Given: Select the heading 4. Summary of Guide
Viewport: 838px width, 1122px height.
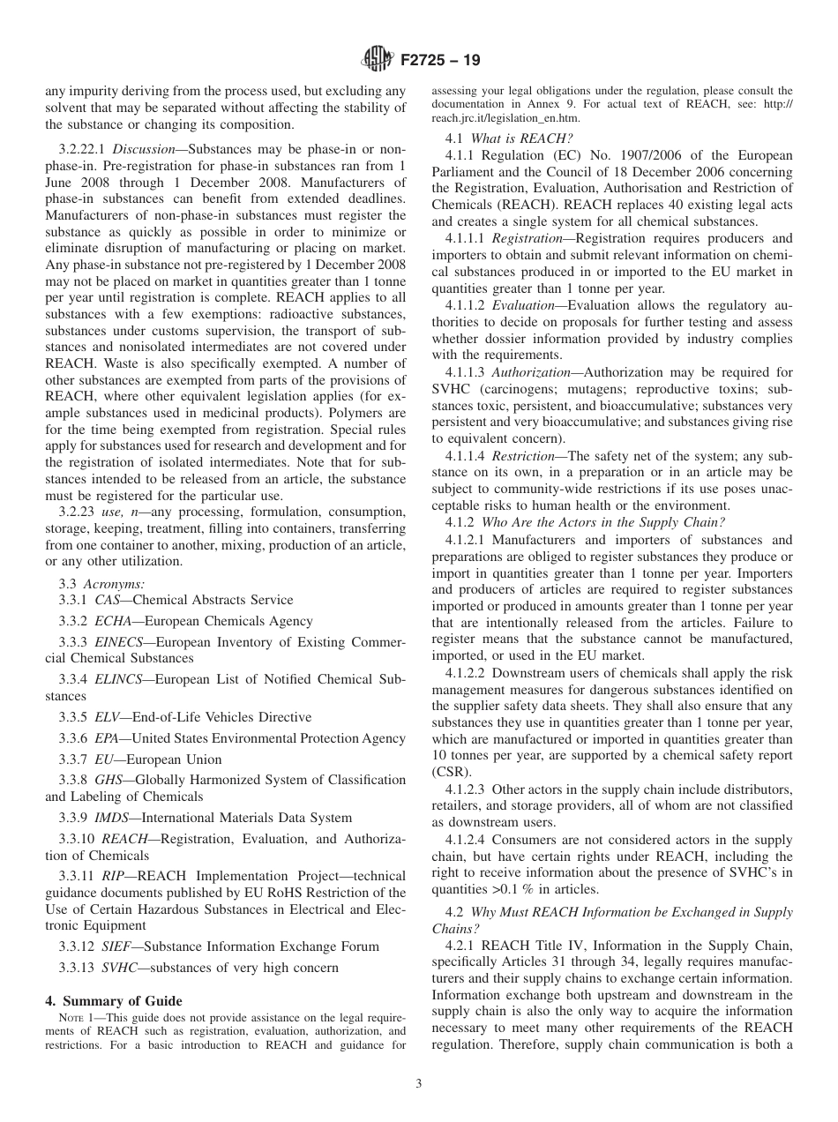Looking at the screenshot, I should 114,1000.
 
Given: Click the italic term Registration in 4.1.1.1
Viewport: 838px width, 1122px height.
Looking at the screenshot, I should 527,238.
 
